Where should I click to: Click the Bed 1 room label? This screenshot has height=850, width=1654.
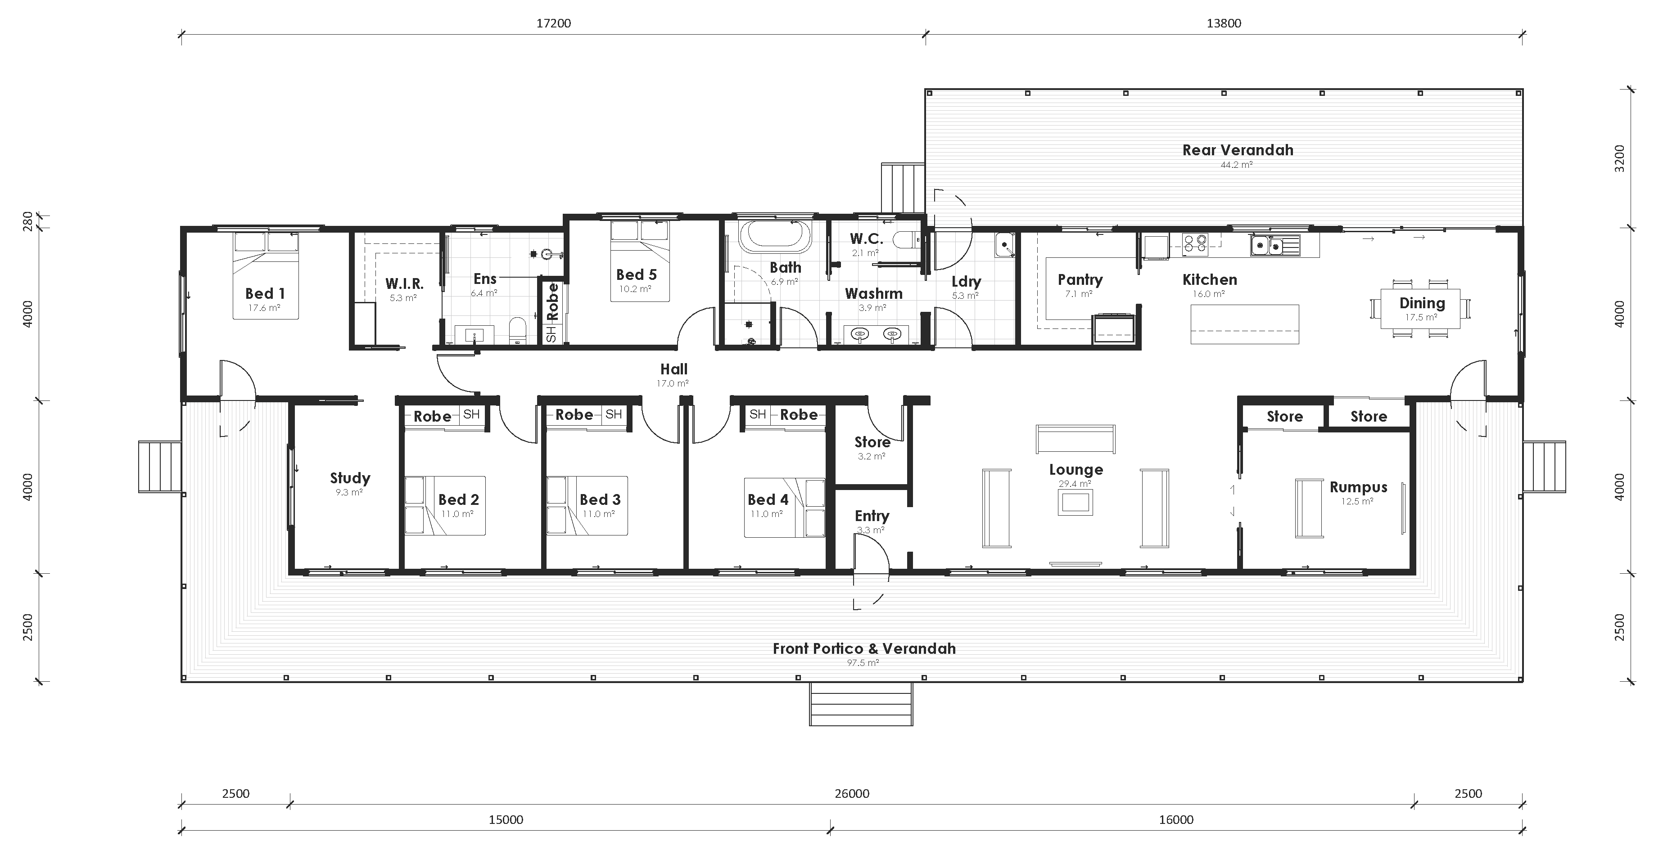(x=265, y=293)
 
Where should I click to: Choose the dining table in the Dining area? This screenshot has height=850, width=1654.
(x=1421, y=308)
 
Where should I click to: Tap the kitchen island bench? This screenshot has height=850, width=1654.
(x=1244, y=324)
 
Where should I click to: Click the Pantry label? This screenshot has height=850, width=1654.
(x=1080, y=280)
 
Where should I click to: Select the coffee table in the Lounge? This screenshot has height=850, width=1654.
(x=1075, y=502)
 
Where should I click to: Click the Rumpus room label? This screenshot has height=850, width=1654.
(x=1358, y=487)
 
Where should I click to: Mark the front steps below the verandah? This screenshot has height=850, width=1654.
(x=860, y=704)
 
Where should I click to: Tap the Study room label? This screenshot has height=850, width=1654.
(x=350, y=478)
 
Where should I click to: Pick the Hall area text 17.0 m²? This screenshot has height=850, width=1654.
(x=672, y=384)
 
